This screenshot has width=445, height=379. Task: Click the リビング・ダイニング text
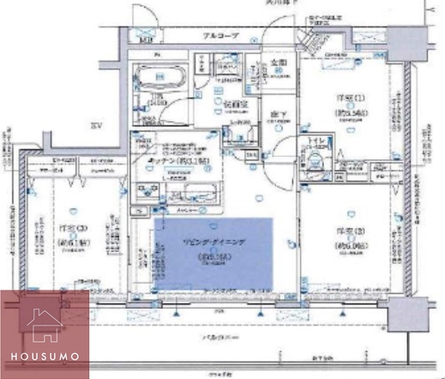(x=211, y=241)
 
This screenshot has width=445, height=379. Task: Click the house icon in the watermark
(x=44, y=325)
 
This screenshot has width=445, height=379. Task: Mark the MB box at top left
(x=147, y=39)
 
